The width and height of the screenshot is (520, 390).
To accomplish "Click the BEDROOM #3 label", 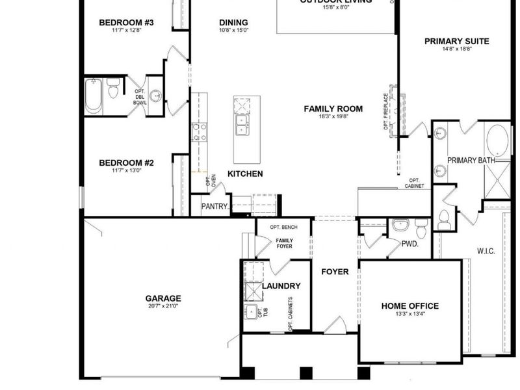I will point(126,23).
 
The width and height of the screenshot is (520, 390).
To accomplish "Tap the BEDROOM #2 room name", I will point(126,162).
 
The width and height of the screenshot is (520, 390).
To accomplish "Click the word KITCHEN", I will point(245,174).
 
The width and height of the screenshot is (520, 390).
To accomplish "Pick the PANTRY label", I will point(214,207).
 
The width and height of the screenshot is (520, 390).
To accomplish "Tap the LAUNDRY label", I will point(281,286).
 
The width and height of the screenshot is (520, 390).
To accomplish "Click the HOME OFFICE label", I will point(409,305).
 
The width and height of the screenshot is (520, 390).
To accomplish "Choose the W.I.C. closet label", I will point(487,250).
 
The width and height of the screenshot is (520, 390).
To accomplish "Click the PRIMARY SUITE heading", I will point(456,41).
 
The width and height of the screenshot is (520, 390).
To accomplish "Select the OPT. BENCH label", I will point(283,227).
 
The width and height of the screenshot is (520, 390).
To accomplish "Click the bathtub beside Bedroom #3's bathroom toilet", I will point(94,96).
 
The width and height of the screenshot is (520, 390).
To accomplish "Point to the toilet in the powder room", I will point(420,227).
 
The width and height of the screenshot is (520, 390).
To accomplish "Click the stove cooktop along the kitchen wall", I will point(199,133).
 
